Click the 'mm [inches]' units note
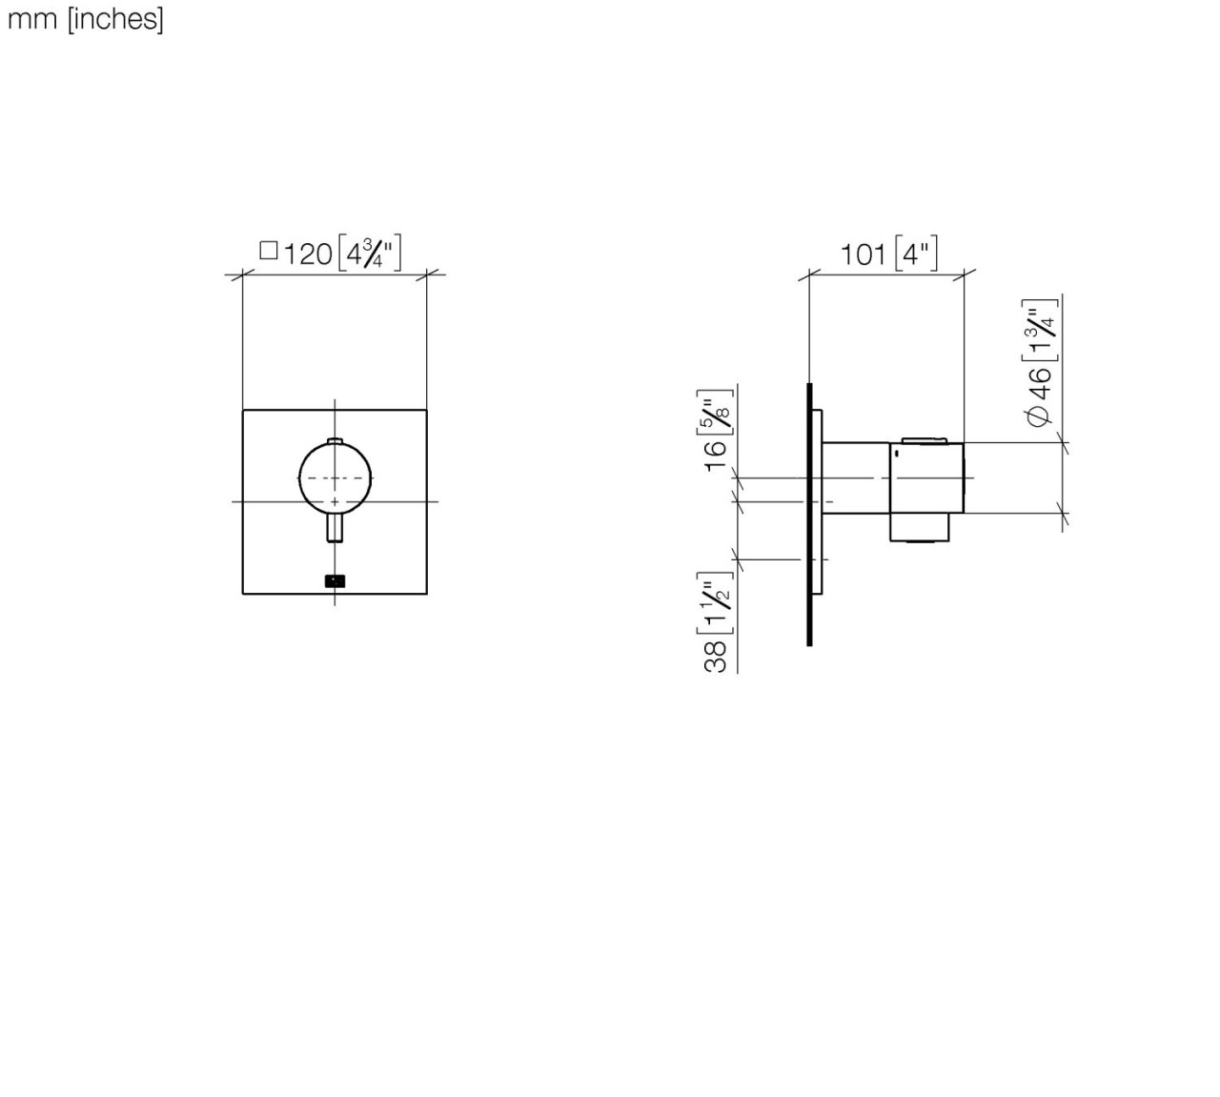click(85, 20)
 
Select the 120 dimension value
click(309, 254)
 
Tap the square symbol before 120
click(269, 251)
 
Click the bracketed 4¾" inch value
click(370, 254)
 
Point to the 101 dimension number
click(863, 254)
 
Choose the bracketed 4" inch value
click(916, 254)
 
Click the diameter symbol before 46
click(1039, 416)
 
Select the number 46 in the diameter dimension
click(1039, 383)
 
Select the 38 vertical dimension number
click(716, 657)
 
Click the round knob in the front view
click(335, 477)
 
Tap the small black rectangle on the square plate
click(335, 579)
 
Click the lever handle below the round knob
click(335, 527)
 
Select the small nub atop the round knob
click(335, 440)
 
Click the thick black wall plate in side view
click(809, 515)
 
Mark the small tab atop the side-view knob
click(924, 439)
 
